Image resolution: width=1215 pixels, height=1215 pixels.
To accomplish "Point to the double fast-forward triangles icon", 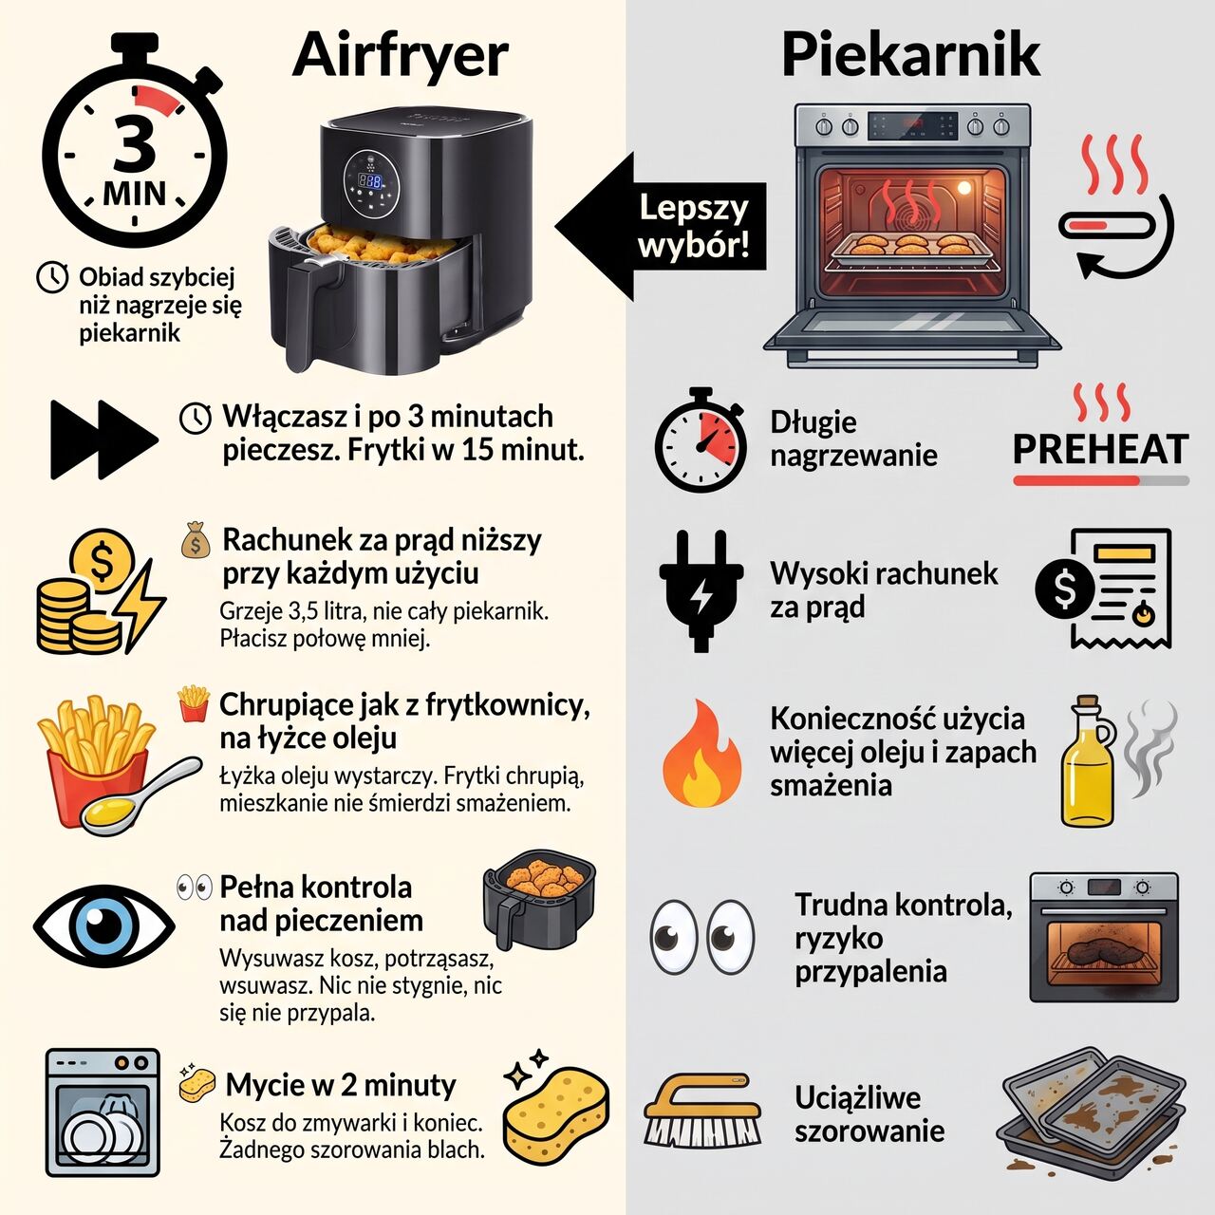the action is [104, 439].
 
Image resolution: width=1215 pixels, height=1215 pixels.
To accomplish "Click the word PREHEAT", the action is [1101, 449].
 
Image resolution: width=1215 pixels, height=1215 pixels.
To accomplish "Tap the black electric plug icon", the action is [701, 590].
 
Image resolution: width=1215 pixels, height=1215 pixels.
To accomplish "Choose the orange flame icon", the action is [701, 754].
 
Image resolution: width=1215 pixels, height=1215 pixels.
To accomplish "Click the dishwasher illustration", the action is [103, 1112].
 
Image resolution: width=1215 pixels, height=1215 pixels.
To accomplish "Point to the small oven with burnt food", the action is [1103, 938].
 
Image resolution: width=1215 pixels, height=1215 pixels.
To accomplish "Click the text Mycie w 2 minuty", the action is [341, 1085].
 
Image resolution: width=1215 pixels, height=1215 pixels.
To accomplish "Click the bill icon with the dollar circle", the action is [1103, 588].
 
